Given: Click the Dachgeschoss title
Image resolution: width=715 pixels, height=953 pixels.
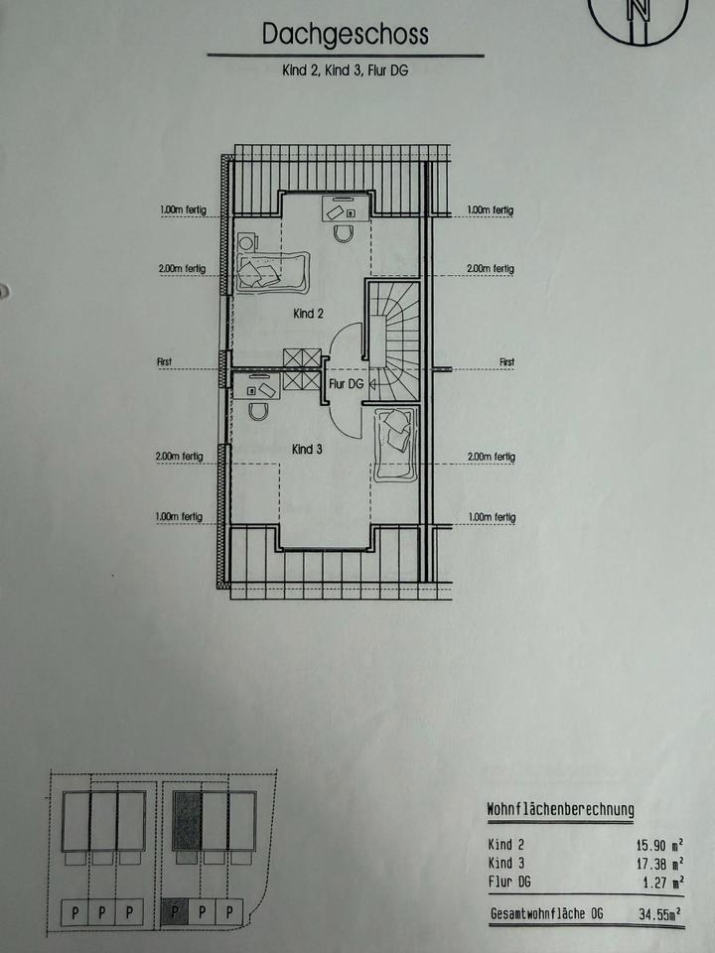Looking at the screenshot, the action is pos(346,36).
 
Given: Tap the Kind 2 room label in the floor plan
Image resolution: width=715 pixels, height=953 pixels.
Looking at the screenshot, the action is pos(308,314).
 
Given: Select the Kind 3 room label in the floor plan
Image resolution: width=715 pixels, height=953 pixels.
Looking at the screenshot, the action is pos(307,449).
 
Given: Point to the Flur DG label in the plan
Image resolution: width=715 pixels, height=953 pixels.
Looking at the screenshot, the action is pos(346,384).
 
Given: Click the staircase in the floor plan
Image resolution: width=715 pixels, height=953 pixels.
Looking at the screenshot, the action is pos(393,340).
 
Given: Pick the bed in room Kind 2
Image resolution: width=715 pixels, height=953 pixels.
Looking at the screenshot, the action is pos(272,272).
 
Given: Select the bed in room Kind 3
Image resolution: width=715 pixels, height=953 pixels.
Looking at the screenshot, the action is pos(395,445).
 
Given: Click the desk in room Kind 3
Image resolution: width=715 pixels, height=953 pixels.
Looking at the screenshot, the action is pos(257,386).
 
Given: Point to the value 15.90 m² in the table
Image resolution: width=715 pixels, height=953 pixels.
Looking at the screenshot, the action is pos(659,845).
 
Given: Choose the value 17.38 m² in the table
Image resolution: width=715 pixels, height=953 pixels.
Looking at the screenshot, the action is pos(659,863).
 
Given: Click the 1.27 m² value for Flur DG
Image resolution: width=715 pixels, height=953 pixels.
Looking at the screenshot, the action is pos(662,882).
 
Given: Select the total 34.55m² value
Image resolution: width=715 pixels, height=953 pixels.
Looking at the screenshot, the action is pos(659,913).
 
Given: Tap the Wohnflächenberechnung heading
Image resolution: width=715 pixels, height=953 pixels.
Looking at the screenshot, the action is pos(560,810).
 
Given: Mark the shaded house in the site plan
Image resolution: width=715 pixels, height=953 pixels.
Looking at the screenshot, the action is pos(188,821).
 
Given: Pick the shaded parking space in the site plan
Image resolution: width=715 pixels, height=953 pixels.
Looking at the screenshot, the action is pos(175,912).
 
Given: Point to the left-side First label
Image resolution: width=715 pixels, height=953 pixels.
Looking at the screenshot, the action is pos(164,361).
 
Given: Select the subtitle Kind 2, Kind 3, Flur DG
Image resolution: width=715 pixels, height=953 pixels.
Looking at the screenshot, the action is pos(345,70).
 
